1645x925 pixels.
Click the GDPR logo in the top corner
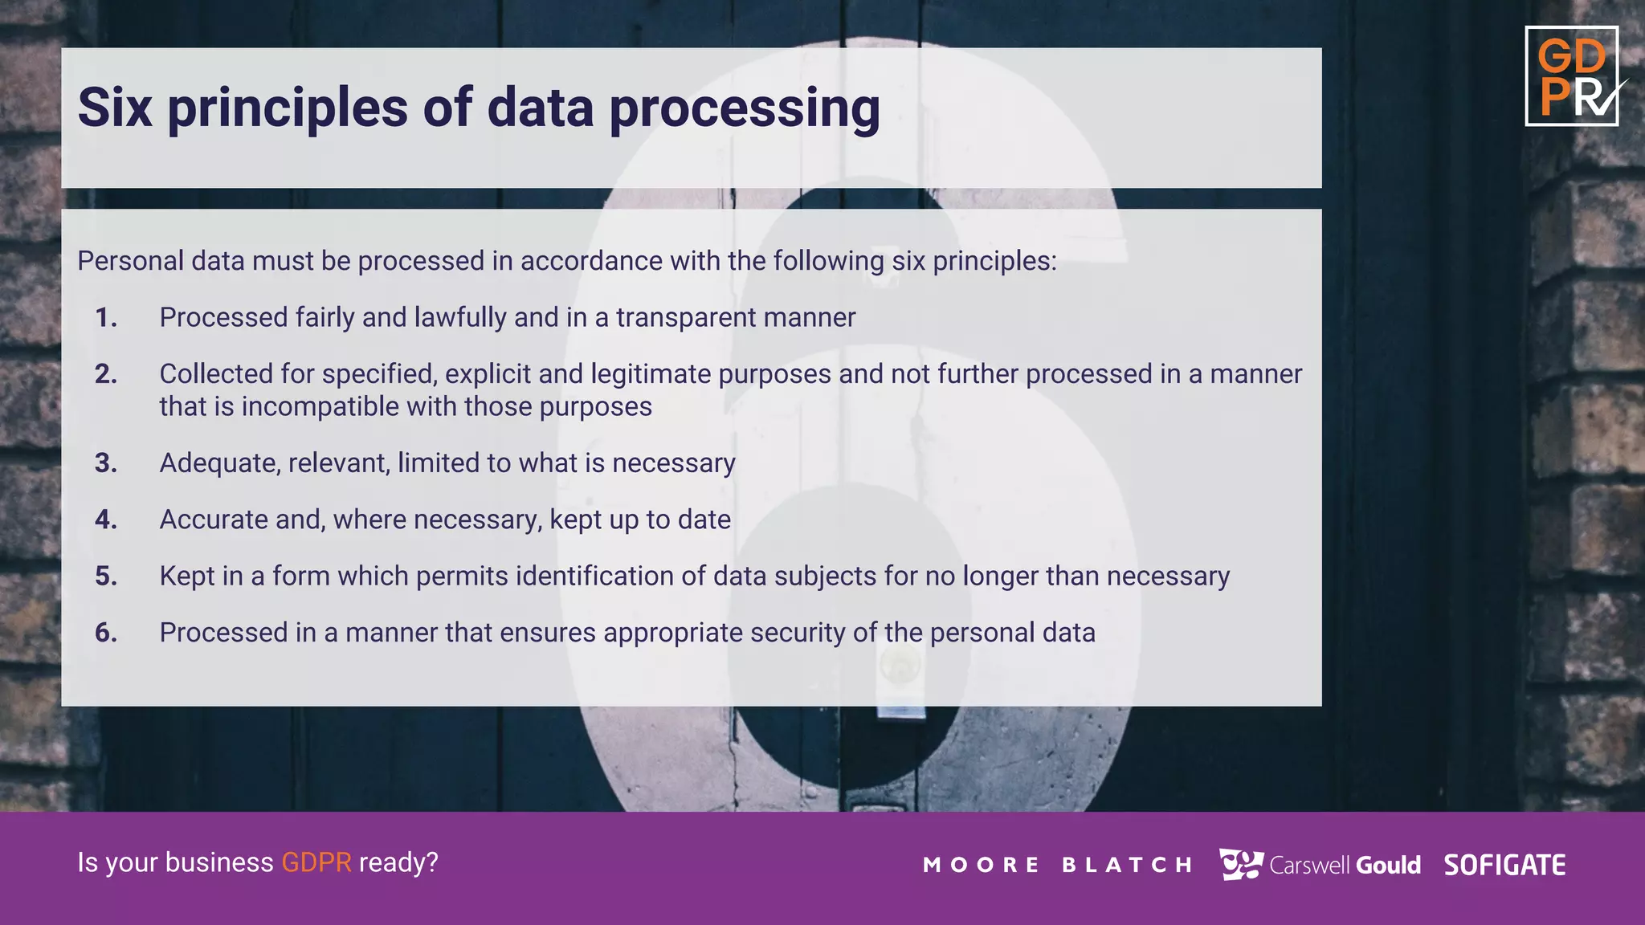(x=1571, y=76)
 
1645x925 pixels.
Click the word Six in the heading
(x=115, y=108)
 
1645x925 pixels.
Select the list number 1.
(x=106, y=318)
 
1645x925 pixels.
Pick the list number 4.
(x=106, y=520)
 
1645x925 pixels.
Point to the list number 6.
(x=106, y=633)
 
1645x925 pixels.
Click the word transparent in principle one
(x=685, y=318)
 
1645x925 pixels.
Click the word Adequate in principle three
(x=219, y=463)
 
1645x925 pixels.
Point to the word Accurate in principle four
(x=212, y=520)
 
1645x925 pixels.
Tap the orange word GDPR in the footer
(x=316, y=862)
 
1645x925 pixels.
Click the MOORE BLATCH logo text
(x=1057, y=865)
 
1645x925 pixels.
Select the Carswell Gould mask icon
(x=1240, y=864)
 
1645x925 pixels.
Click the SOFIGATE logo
(x=1504, y=865)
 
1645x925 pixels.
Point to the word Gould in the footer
(x=1388, y=865)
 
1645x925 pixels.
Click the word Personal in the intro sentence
(x=130, y=261)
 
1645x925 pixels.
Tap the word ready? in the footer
(x=398, y=862)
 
